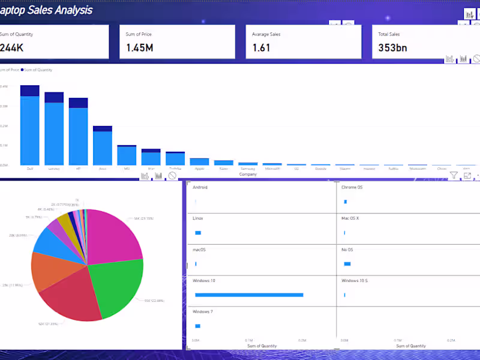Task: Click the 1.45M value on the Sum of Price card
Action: (x=139, y=47)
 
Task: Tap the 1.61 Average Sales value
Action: (x=262, y=47)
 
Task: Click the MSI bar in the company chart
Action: (x=127, y=155)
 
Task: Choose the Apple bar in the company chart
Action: (x=199, y=161)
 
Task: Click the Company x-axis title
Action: (x=248, y=174)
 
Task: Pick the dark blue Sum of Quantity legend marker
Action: (x=23, y=70)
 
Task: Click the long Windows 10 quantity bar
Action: (x=248, y=295)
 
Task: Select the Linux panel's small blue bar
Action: (x=198, y=233)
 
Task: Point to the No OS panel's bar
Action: (x=347, y=264)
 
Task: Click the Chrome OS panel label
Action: (x=352, y=187)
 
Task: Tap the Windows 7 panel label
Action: (x=203, y=312)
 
